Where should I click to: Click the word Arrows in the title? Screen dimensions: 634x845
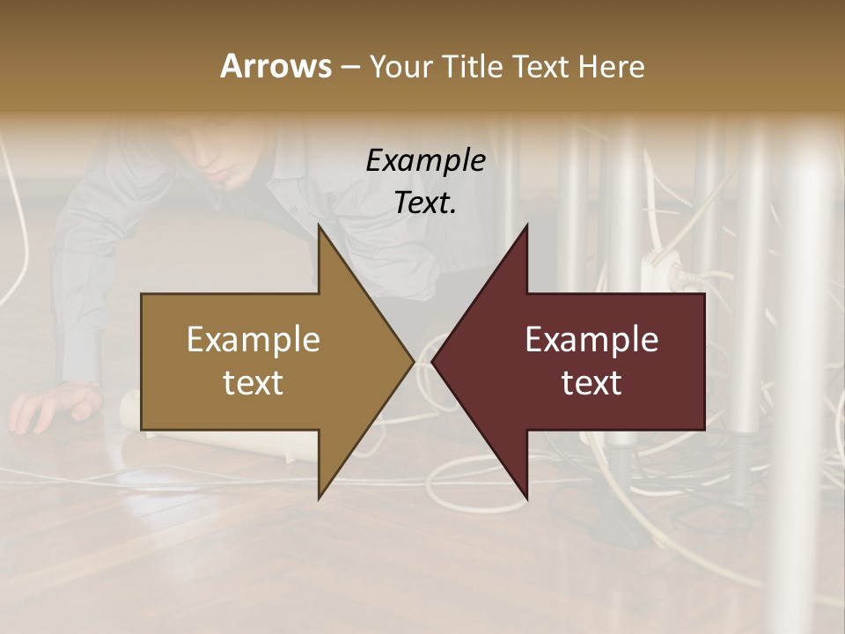pos(276,66)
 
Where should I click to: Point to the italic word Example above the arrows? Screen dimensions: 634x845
pos(425,161)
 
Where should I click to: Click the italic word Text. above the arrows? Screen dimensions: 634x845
pos(425,203)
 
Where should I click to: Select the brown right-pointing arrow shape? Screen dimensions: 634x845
pos(264,361)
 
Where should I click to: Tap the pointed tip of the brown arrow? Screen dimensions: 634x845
pos(412,361)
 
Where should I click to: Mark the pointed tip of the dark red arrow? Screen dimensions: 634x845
pos(435,361)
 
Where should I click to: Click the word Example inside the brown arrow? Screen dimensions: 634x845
pos(253,340)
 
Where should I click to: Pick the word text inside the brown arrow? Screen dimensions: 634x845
pos(253,383)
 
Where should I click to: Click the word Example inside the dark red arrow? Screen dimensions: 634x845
pos(591,340)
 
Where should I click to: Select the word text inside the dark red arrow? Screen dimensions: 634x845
pos(591,383)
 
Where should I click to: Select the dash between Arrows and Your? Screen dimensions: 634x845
pos(349,67)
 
